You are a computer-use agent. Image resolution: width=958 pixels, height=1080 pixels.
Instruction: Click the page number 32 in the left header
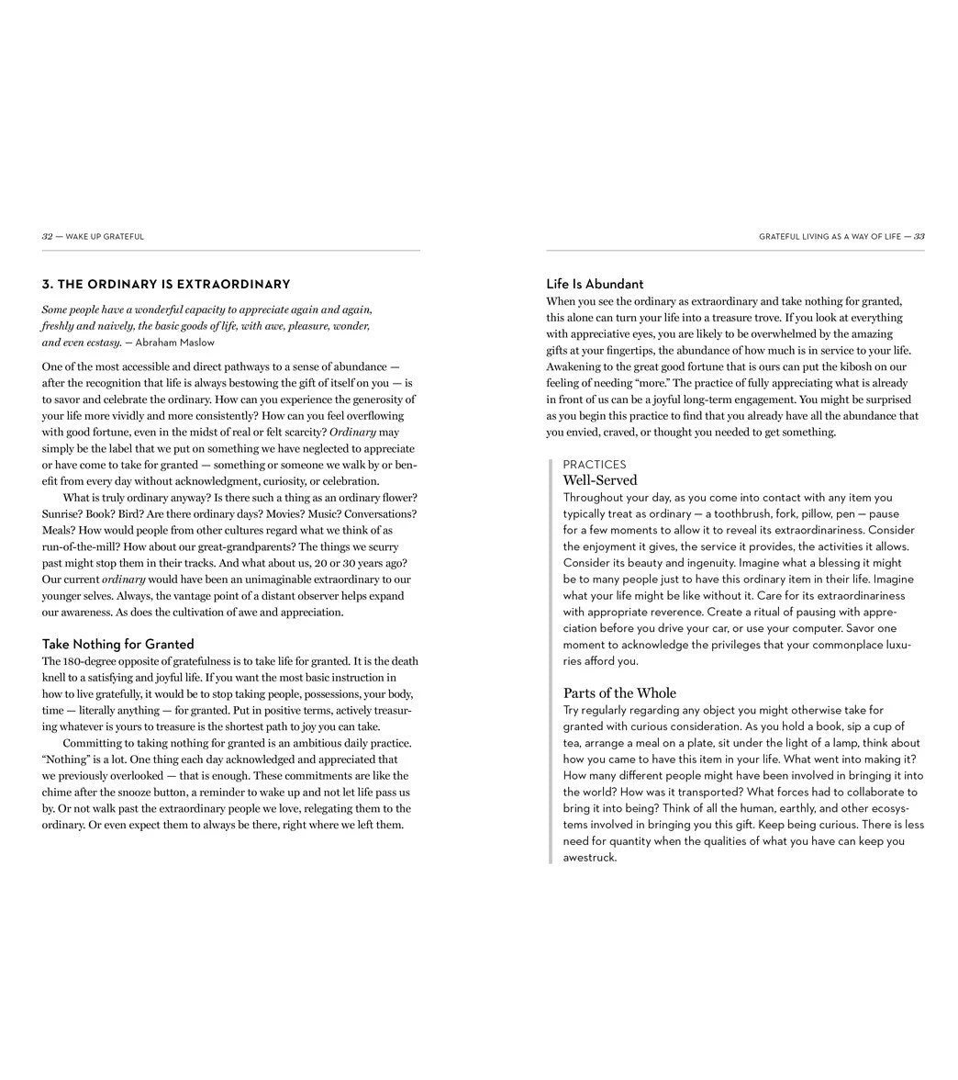(x=47, y=237)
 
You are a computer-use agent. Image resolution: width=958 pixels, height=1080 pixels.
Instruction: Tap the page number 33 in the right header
(x=919, y=237)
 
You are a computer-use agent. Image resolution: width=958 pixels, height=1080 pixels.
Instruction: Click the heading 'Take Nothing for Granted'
(x=117, y=644)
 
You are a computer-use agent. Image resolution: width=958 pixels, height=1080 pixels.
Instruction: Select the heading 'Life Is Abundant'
(x=595, y=284)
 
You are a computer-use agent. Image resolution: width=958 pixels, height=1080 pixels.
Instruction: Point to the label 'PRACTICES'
(x=595, y=465)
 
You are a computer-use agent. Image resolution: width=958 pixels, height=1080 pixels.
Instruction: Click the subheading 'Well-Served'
(x=600, y=480)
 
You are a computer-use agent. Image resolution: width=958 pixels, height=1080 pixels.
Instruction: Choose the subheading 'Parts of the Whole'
(x=619, y=692)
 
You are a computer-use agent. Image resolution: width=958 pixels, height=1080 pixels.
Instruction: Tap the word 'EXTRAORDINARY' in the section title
(x=233, y=285)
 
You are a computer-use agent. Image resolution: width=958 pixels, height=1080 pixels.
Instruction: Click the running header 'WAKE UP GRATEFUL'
(x=105, y=237)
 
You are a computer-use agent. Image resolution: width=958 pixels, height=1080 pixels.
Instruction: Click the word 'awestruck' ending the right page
(x=588, y=858)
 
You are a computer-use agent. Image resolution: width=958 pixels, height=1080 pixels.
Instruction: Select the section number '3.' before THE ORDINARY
(x=47, y=285)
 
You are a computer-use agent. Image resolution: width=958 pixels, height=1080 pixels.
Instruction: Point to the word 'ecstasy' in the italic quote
(x=101, y=343)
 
